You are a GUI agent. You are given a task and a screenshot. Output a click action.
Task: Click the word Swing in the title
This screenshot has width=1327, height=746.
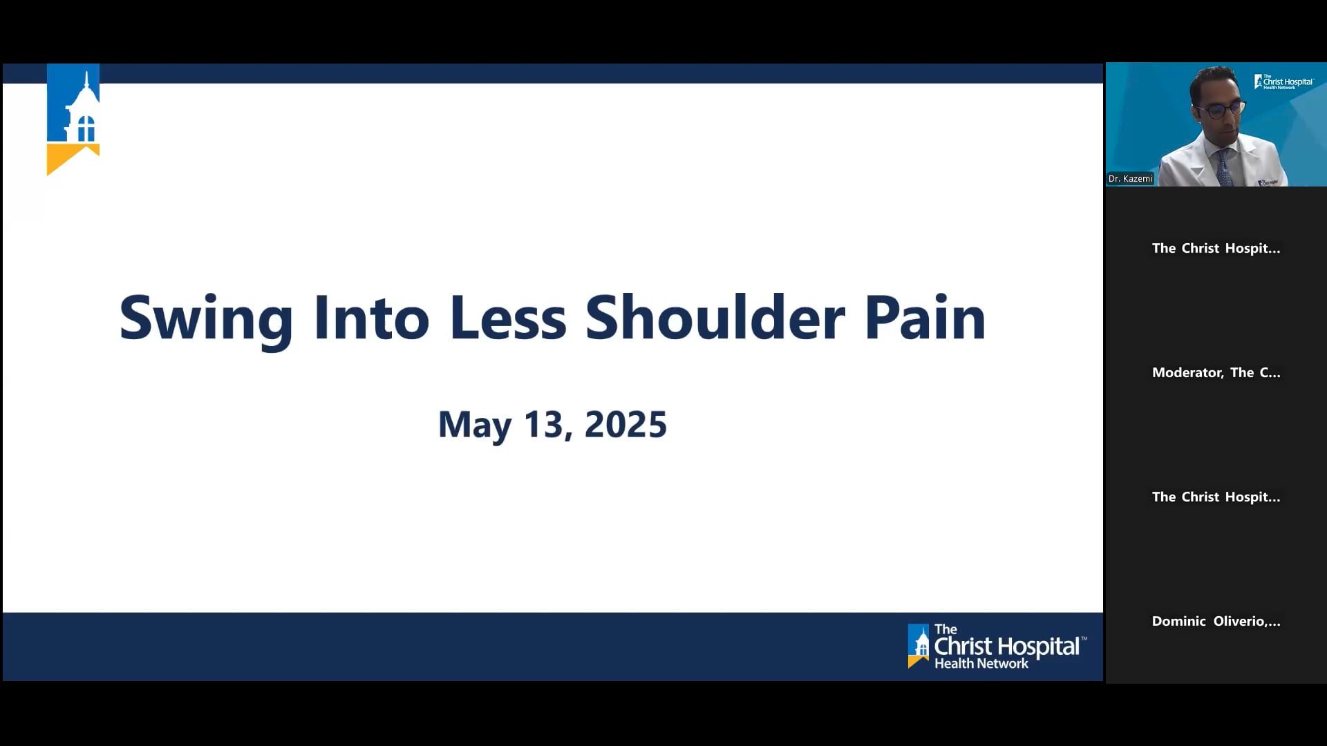[x=206, y=319]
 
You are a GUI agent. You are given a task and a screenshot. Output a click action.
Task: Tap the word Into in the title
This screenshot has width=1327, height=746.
[x=371, y=319]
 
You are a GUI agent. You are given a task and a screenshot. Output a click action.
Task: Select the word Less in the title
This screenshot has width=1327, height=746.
[x=507, y=319]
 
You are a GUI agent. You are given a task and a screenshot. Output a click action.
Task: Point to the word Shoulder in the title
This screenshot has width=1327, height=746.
[x=715, y=319]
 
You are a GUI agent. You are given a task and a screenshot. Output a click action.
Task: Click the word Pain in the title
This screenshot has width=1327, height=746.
[x=925, y=319]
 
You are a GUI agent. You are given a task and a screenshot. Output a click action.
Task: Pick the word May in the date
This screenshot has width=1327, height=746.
[x=475, y=425]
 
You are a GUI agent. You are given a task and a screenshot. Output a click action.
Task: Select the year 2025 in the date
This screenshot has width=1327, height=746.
[x=625, y=425]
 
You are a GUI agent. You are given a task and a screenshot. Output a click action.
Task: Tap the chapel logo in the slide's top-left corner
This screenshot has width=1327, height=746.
[x=73, y=107]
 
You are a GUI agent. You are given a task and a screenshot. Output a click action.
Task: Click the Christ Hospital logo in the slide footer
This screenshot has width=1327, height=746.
[x=996, y=647]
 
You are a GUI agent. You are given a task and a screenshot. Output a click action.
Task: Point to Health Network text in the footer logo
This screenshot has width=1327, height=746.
[x=981, y=664]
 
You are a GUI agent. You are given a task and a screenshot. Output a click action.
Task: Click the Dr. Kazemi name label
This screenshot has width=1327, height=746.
[x=1130, y=179]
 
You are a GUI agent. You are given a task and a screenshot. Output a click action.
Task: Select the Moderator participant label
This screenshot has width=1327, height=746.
[x=1216, y=373]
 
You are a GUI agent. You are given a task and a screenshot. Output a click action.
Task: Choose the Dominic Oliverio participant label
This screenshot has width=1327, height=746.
[x=1216, y=622]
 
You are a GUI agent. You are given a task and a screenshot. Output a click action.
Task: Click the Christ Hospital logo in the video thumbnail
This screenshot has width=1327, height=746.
[x=1283, y=82]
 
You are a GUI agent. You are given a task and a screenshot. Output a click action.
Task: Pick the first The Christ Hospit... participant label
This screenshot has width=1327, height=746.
[x=1216, y=249]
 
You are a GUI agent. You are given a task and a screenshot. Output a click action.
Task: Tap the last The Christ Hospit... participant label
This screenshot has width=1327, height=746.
[x=1216, y=497]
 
